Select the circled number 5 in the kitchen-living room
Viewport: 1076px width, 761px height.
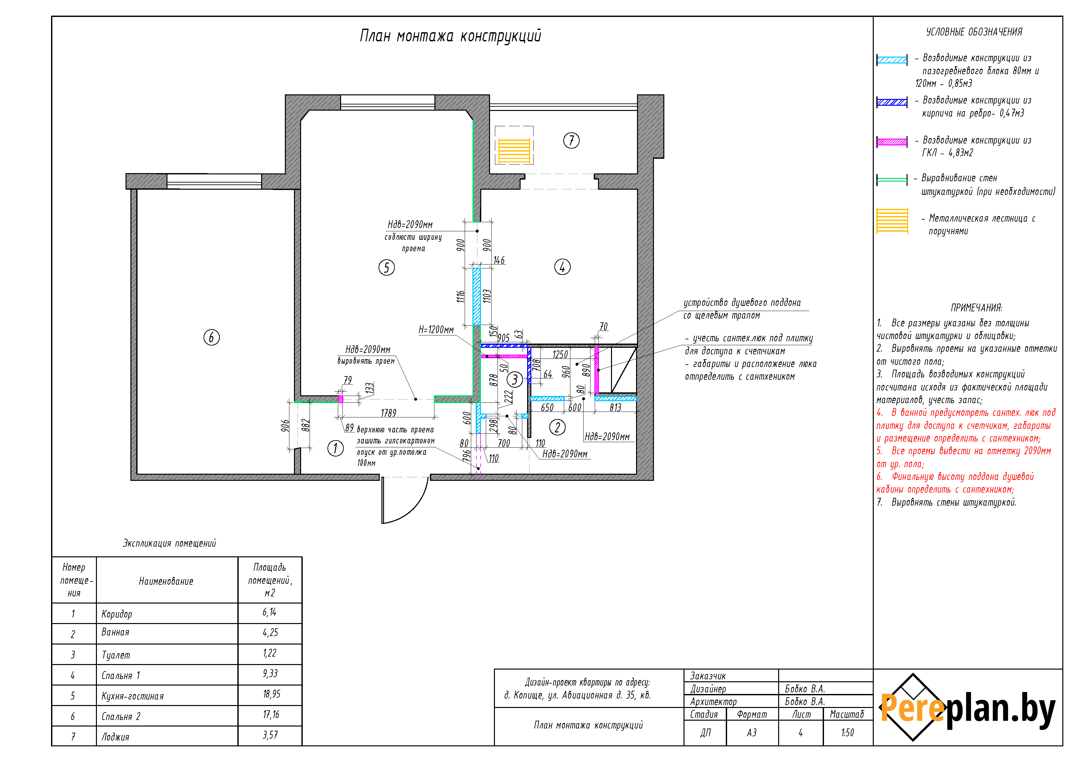pyautogui.click(x=386, y=268)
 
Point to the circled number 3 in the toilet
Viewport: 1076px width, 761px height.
pyautogui.click(x=514, y=379)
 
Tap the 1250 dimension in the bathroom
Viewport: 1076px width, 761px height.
pyautogui.click(x=560, y=355)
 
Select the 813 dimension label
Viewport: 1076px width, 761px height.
pyautogui.click(x=615, y=407)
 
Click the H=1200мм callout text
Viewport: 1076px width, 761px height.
pyautogui.click(x=436, y=330)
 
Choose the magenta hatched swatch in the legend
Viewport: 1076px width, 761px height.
pyautogui.click(x=892, y=142)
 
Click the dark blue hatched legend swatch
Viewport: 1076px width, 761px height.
pyautogui.click(x=892, y=102)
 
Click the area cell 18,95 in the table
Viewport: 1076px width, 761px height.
pyautogui.click(x=271, y=694)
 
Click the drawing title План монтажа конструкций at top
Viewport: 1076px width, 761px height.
pyautogui.click(x=450, y=36)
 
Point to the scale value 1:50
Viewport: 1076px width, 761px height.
pyautogui.click(x=847, y=732)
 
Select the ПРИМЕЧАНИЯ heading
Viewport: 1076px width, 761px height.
pyautogui.click(x=976, y=307)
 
